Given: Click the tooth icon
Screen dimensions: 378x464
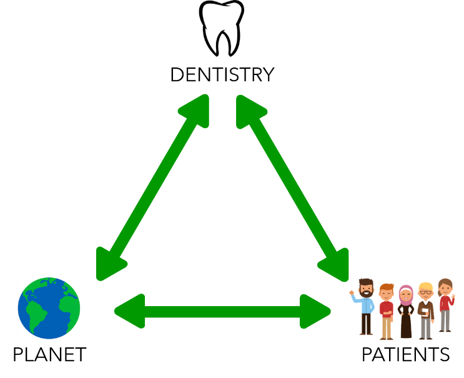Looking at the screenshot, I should pyautogui.click(x=221, y=27).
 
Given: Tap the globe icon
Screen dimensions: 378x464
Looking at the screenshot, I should pyautogui.click(x=49, y=307).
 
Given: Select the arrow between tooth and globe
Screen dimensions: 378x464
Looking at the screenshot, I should pyautogui.click(x=153, y=187).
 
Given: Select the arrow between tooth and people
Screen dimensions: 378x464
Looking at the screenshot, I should pyautogui.click(x=292, y=187).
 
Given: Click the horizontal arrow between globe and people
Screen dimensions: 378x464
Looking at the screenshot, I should pyautogui.click(x=222, y=311).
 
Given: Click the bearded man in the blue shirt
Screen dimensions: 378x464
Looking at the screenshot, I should pyautogui.click(x=366, y=306).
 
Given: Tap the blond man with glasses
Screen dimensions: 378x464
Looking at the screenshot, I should pyautogui.click(x=426, y=310).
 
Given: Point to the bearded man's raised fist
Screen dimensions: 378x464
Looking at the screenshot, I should pyautogui.click(x=352, y=292).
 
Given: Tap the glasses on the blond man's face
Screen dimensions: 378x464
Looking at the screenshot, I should pyautogui.click(x=427, y=292).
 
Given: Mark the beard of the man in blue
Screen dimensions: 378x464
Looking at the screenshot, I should pyautogui.click(x=367, y=294).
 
